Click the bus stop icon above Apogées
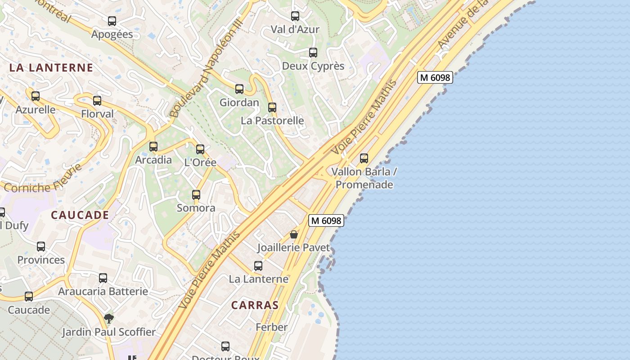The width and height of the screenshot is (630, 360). pos(112,21)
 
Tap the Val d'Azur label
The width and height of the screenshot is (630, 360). pos(295,30)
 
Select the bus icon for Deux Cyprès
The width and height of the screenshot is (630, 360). pos(313,53)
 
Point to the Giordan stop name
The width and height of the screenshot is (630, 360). pos(239,103)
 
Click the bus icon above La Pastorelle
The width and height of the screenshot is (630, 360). pos(272,108)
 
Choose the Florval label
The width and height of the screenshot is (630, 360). pos(97,114)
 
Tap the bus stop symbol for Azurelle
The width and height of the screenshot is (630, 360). pos(36,96)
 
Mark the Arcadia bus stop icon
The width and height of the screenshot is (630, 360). pos(153,147)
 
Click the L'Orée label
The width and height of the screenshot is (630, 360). pos(200,162)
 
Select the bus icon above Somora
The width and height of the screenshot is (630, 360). pos(196,195)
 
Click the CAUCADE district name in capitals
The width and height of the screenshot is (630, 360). pos(80,215)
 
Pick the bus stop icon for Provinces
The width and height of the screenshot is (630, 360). pos(41,247)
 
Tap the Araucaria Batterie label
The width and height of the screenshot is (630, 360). pos(103,292)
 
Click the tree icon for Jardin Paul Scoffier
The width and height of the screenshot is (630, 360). pos(108,319)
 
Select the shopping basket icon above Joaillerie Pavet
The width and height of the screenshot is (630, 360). pos(294,234)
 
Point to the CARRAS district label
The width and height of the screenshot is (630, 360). pos(255,305)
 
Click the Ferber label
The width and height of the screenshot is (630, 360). pos(271,327)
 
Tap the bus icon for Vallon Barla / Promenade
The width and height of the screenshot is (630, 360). pos(364,158)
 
